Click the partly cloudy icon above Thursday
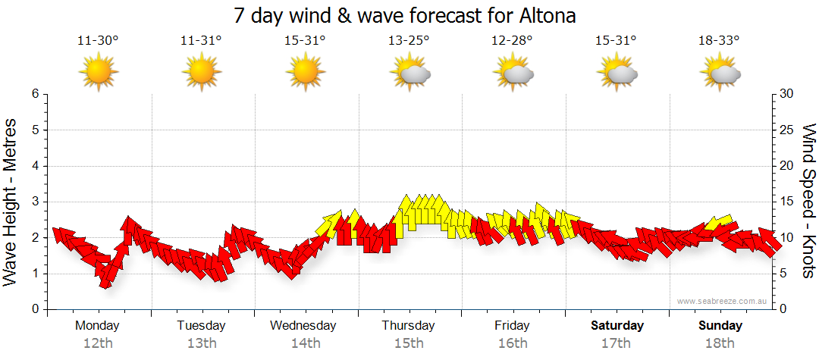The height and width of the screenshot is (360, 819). click(x=409, y=72)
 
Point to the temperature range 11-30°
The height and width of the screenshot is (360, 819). click(x=99, y=41)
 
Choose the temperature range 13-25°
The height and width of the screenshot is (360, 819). click(x=409, y=41)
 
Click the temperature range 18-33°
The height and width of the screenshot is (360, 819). click(x=720, y=41)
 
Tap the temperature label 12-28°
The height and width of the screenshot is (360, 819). click(x=513, y=41)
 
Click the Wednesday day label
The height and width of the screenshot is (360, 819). click(x=303, y=326)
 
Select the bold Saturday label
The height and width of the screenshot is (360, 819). click(x=617, y=326)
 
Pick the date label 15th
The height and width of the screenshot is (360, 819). click(x=409, y=343)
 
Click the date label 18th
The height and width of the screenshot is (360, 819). click(x=720, y=343)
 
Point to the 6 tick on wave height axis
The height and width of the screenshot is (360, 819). click(x=35, y=94)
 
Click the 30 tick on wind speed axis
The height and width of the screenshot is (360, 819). click(x=788, y=94)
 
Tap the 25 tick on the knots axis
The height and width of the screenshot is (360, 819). click(x=788, y=130)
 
